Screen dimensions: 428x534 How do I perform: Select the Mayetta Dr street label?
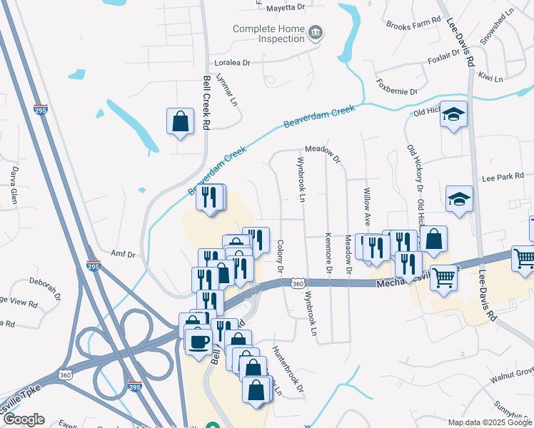pos(285,9)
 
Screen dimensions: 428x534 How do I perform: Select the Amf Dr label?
pos(123,253)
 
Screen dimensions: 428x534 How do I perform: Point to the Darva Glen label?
pos(14,185)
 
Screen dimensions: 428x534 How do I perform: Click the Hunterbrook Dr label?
pos(288,370)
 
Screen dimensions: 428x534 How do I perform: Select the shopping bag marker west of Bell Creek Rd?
pos(181,121)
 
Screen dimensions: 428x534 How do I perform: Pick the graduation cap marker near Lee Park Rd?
pos(459,200)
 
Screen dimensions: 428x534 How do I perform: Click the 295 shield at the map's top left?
pos(41,111)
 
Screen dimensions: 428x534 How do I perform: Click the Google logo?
pos(24,419)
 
